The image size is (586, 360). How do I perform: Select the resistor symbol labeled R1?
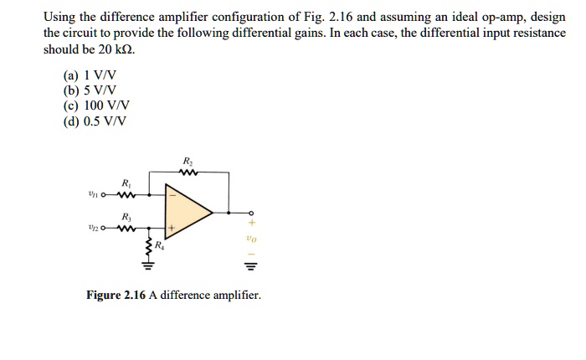126,197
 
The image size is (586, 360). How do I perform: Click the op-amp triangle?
188,212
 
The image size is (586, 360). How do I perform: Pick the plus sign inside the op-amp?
172,228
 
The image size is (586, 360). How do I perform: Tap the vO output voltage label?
249,239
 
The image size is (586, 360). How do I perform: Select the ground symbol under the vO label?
249,268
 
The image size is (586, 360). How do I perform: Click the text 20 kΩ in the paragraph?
116,49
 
